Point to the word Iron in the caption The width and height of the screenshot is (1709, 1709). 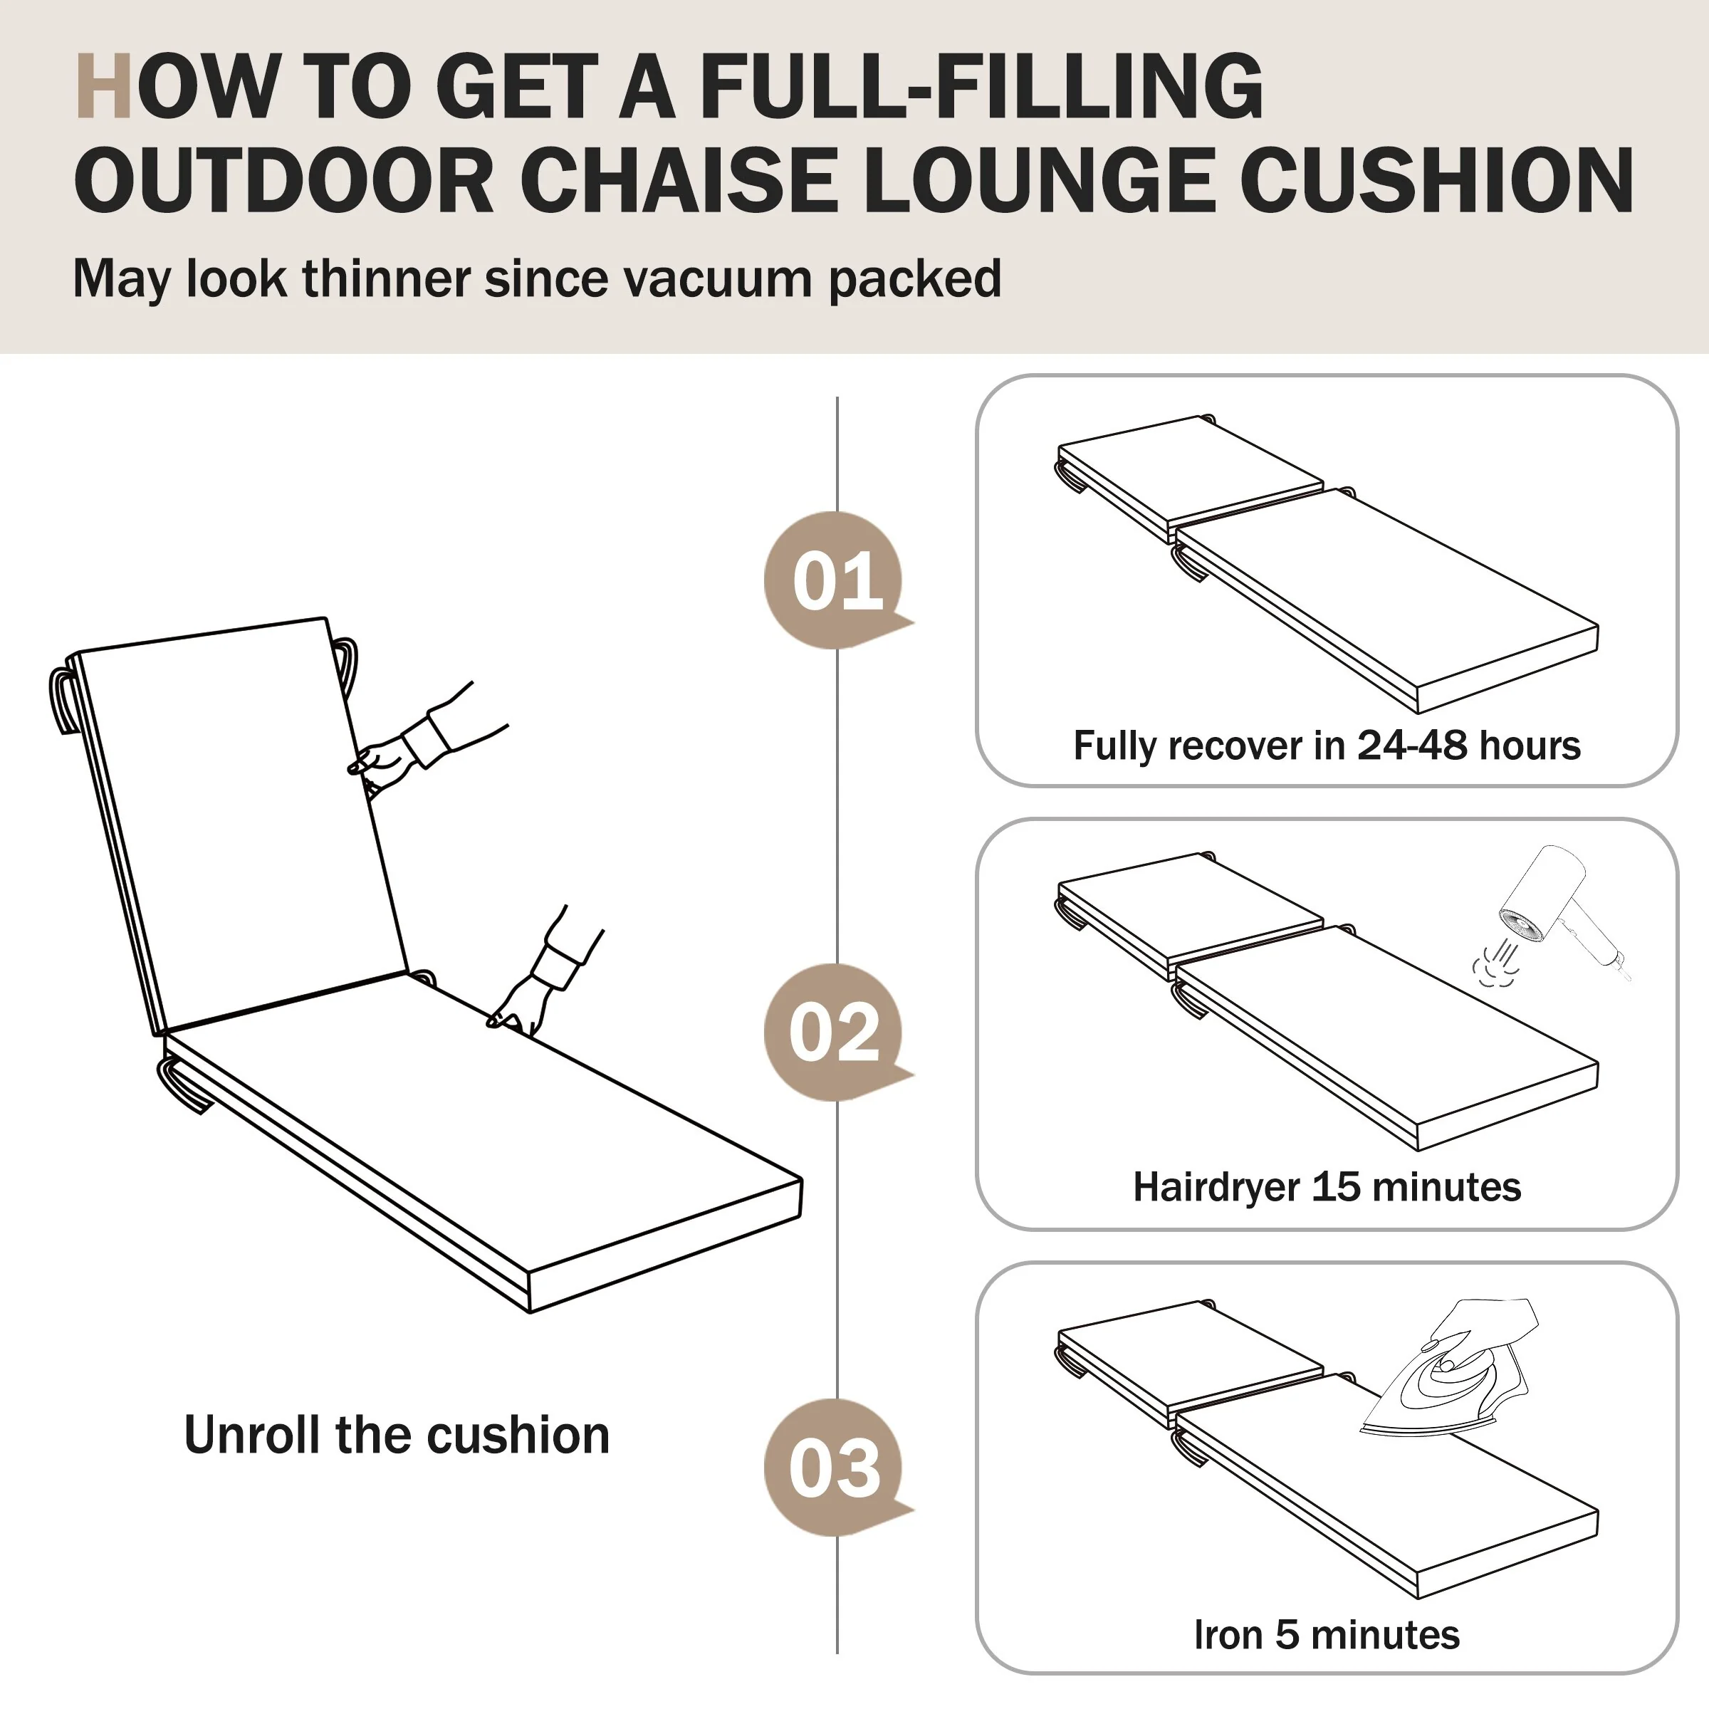click(x=1227, y=1635)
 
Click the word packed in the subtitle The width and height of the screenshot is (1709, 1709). click(x=916, y=281)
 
